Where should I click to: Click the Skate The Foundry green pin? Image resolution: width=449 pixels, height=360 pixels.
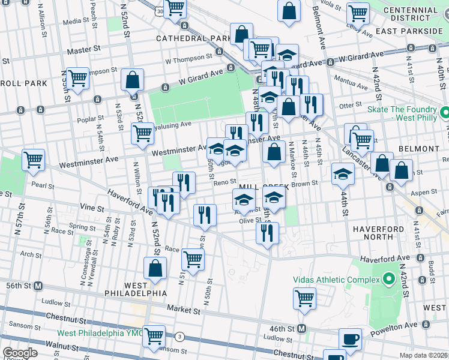[445, 113]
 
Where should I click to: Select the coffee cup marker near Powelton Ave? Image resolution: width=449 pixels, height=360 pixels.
[350, 339]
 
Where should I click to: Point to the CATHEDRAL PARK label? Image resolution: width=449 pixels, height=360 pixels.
[193, 38]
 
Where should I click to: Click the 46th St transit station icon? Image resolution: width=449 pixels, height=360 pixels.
[302, 329]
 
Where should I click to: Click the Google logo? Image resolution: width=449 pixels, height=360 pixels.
[19, 352]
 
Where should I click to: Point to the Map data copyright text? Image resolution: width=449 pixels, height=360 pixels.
[424, 355]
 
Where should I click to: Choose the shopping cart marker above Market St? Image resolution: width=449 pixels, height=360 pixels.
[304, 298]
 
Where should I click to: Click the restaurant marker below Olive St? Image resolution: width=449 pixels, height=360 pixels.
[267, 232]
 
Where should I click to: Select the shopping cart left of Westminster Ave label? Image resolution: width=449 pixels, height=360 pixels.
[33, 160]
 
